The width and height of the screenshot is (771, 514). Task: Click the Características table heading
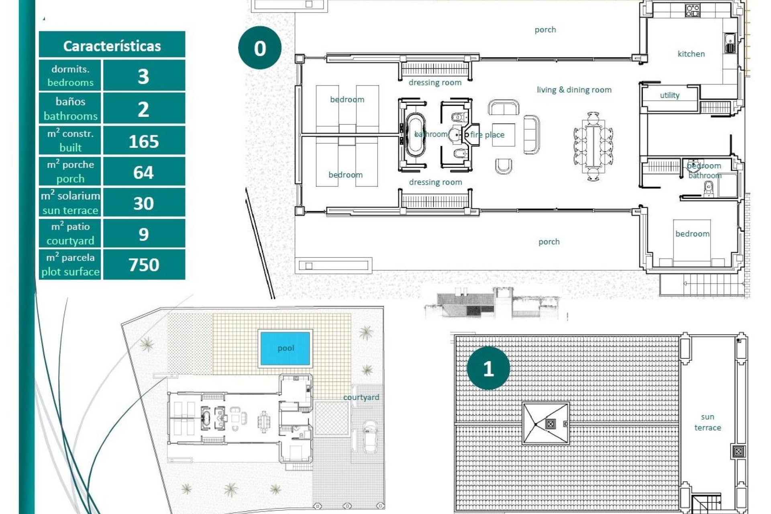[x=112, y=45]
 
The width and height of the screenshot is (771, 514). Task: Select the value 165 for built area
[x=143, y=141]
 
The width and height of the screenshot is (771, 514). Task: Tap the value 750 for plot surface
[x=143, y=264]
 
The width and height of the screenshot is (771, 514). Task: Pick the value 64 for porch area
[x=143, y=172]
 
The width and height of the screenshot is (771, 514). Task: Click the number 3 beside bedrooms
[x=143, y=76]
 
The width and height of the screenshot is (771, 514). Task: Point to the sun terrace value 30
[x=143, y=203]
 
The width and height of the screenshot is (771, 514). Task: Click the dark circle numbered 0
[x=260, y=48]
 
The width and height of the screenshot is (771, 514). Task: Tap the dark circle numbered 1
[x=488, y=368]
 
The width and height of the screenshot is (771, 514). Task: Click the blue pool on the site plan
[x=286, y=348]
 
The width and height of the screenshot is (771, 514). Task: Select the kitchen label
[x=691, y=54]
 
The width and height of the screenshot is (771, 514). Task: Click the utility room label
[x=669, y=95]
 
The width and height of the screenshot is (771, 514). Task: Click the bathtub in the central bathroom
[x=415, y=135]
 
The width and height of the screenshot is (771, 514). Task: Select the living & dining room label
[x=574, y=90]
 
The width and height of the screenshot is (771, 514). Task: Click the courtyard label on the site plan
[x=361, y=397]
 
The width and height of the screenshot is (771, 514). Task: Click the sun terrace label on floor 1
[x=708, y=422]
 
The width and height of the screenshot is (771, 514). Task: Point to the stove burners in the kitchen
[x=693, y=10]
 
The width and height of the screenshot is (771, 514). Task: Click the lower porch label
[x=549, y=241]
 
